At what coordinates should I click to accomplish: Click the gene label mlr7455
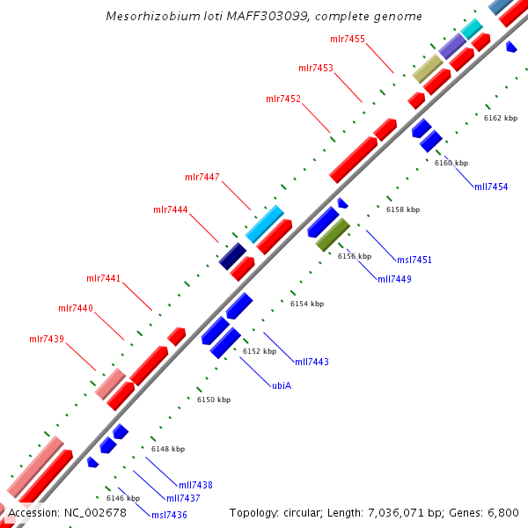pos(347,39)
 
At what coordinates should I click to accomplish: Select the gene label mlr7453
pos(315,68)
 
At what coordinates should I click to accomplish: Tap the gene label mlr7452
pos(283,99)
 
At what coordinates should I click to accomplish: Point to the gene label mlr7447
pos(202,177)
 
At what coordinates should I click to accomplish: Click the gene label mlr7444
pos(171,209)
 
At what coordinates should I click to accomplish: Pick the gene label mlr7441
pos(104,278)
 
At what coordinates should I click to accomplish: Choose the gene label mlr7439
pos(47,339)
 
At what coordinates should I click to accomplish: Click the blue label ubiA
pos(282,385)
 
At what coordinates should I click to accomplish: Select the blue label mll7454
pos(491,187)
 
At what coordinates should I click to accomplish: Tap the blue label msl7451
pos(414,260)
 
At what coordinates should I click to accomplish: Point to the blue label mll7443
pos(312,362)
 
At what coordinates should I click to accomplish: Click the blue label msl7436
pos(169,515)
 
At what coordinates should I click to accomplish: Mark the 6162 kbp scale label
pos(500,117)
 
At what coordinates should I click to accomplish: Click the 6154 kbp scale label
pos(307,304)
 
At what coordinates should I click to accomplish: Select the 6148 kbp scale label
pos(168,449)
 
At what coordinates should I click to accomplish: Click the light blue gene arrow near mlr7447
pos(265,224)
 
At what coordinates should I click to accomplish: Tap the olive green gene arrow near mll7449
pos(334,234)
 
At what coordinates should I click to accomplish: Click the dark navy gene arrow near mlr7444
pos(232,256)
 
